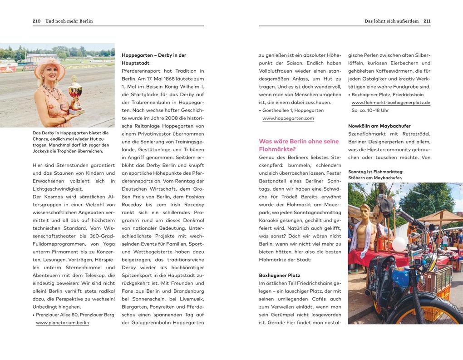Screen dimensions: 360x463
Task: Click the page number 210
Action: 37,21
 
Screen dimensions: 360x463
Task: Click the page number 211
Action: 427,21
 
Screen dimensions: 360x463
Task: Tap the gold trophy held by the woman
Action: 75,94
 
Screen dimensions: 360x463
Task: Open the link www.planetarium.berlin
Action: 62,323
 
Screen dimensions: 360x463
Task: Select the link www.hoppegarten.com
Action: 288,118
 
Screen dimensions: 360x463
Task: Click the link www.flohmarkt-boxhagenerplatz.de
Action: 391,103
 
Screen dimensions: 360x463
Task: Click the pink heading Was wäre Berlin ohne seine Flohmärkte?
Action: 299,145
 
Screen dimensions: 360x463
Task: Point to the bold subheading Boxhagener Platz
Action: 280,275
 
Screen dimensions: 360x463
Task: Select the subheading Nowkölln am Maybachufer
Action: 379,126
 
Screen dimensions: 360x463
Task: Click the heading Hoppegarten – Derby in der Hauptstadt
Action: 154,59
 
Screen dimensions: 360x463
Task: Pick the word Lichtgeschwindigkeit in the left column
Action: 58,189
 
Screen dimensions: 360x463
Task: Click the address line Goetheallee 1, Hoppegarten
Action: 293,110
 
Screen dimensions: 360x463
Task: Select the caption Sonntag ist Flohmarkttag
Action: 375,172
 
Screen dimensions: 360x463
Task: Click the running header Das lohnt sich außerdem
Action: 391,21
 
